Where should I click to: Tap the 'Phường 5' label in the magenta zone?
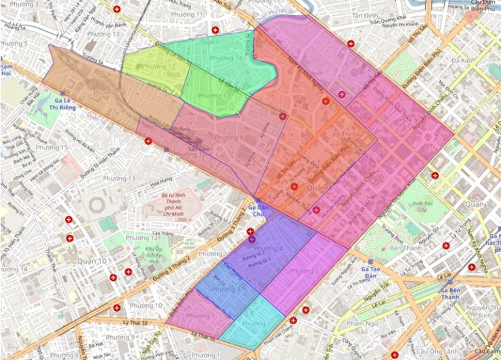pyautogui.click(x=304, y=271)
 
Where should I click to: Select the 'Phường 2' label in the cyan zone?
pyautogui.click(x=256, y=323)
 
